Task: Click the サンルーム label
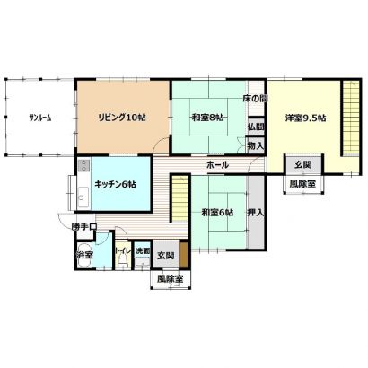[39, 118]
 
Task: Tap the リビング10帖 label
[122, 118]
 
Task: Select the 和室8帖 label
[207, 118]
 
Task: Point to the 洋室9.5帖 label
[305, 118]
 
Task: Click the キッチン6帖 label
[115, 185]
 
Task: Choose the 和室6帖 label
[217, 213]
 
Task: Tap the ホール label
[217, 165]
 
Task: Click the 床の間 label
[255, 99]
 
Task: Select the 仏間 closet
[256, 127]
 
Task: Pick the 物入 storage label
[256, 146]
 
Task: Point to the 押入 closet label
[256, 213]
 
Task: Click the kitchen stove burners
[83, 165]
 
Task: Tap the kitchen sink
[83, 197]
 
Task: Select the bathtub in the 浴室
[84, 255]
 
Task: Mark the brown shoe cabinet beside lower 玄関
[184, 255]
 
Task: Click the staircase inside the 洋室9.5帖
[351, 118]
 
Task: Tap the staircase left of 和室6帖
[180, 198]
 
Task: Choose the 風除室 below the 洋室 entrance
[303, 184]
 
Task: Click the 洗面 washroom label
[143, 251]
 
